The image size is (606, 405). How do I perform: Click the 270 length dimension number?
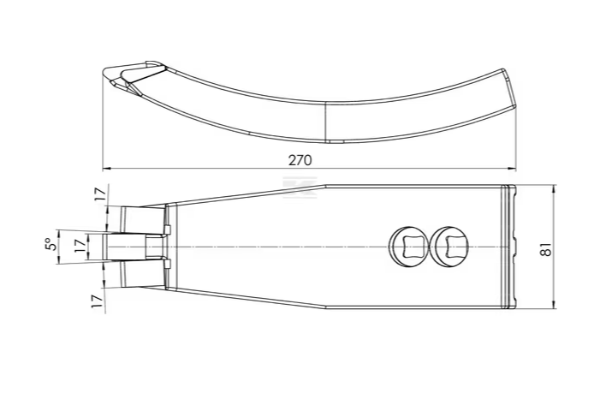point(300,160)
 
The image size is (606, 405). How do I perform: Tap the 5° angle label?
point(50,244)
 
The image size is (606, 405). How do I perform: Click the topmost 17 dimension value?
point(99,194)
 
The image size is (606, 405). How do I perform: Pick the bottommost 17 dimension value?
point(98,301)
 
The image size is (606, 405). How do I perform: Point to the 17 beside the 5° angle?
point(80,245)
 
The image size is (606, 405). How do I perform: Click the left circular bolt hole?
point(409,247)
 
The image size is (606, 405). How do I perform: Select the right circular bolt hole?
point(451,247)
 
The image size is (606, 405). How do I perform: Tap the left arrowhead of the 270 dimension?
point(107,169)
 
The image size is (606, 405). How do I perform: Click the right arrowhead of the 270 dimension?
point(512,169)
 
